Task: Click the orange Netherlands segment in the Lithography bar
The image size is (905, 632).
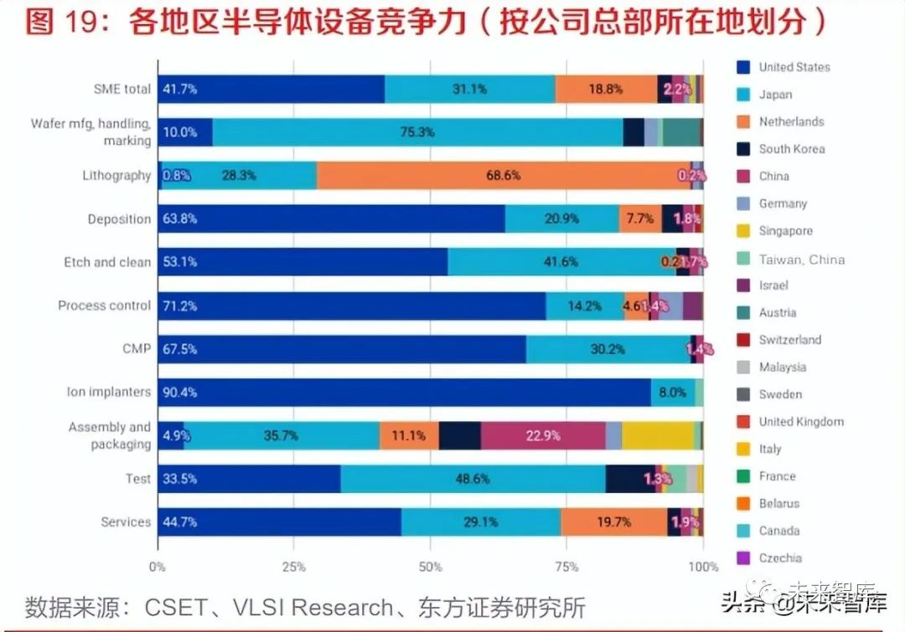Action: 503,176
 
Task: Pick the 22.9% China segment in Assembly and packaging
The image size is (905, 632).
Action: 543,435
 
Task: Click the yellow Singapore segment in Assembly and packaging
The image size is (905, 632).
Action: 658,435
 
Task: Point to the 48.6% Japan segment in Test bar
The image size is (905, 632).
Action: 473,479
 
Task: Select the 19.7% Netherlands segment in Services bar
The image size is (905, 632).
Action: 613,522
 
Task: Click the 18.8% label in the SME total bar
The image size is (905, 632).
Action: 605,89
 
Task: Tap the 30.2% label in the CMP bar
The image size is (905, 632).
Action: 607,349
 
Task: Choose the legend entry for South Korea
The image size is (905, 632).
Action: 791,149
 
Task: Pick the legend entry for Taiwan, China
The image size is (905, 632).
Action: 801,259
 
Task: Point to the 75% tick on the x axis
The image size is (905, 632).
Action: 566,567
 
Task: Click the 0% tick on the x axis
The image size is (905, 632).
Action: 158,567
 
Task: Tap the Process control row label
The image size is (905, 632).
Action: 104,306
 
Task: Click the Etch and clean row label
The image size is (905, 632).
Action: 107,262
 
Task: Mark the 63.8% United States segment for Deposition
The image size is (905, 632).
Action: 332,219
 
